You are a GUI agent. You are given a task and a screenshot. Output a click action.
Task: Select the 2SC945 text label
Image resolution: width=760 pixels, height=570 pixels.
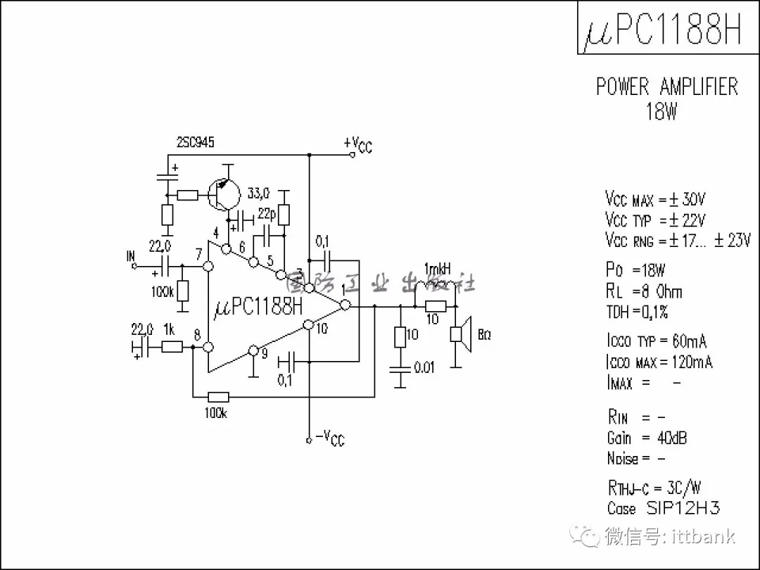point(196,142)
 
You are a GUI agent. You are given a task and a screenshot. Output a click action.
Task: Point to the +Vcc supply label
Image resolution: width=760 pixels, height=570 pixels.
point(358,145)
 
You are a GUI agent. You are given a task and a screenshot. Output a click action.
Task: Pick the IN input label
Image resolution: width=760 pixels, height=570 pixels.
point(131,258)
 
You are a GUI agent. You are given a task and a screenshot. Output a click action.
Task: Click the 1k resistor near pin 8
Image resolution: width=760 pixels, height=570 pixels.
point(172,346)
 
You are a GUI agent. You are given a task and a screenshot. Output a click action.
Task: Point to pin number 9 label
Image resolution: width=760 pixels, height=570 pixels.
point(264,354)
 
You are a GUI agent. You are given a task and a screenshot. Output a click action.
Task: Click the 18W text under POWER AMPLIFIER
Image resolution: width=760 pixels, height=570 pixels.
point(661,111)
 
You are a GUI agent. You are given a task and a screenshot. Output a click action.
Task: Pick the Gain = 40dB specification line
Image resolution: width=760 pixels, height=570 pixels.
point(647,438)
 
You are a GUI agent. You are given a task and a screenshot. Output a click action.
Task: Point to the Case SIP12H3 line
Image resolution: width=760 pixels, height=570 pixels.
point(663,507)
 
